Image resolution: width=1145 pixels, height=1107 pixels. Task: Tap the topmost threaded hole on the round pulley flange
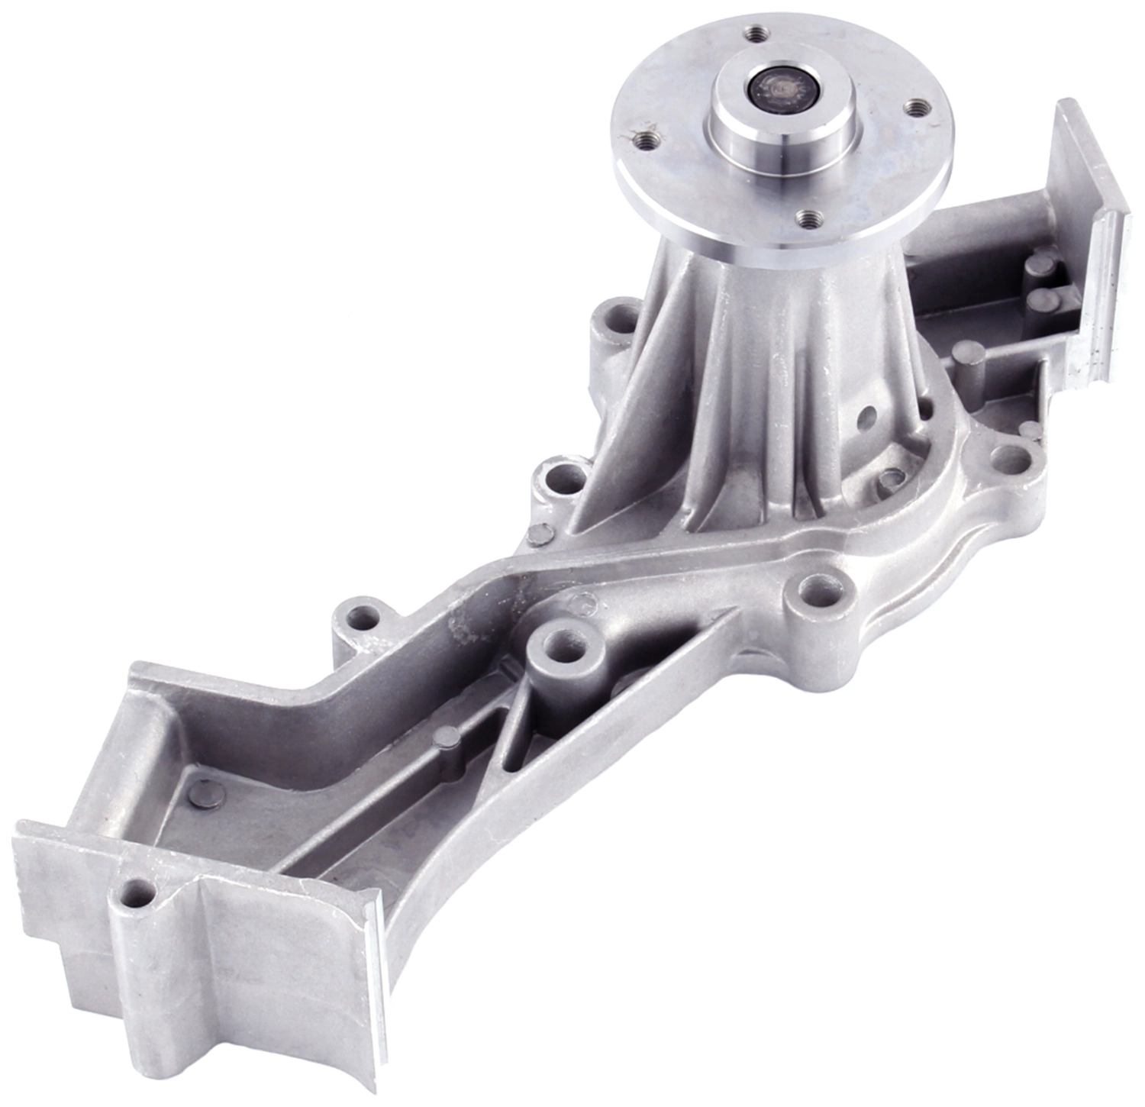[756, 34]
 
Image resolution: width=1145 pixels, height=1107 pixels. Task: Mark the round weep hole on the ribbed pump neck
[867, 416]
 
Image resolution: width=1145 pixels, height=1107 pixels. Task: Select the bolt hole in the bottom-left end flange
[138, 890]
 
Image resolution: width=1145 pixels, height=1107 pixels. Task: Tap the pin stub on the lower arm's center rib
[447, 737]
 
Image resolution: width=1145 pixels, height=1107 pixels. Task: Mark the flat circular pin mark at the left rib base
[539, 533]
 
